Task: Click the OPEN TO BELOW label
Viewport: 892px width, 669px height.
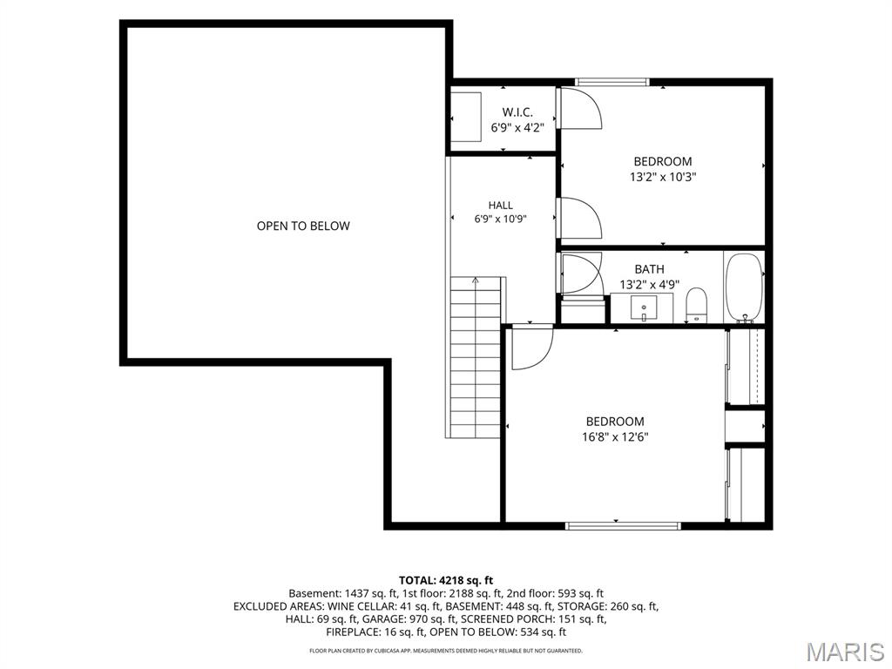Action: tap(303, 226)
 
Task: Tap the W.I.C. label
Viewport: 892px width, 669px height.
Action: tap(517, 112)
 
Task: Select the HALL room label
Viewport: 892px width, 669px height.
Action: tap(501, 206)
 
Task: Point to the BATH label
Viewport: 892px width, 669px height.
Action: tap(649, 269)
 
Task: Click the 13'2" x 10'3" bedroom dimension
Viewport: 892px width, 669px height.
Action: tap(663, 177)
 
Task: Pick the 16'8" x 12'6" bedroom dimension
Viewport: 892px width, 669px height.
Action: tap(615, 437)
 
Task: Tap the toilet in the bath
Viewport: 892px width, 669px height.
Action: tap(696, 306)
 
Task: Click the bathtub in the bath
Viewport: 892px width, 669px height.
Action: tap(744, 287)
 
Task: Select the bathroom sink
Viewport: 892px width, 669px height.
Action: tap(644, 307)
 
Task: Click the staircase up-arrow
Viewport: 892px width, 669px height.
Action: tap(476, 280)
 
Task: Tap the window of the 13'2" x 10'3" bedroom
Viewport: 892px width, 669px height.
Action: tap(612, 82)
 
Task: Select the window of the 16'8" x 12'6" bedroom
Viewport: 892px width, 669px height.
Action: tap(623, 526)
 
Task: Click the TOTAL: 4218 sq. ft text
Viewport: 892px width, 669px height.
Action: tap(446, 581)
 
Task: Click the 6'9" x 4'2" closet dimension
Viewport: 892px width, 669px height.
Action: tap(517, 128)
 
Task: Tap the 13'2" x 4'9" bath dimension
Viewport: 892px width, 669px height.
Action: tap(649, 285)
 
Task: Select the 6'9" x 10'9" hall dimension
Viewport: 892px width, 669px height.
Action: tap(501, 219)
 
